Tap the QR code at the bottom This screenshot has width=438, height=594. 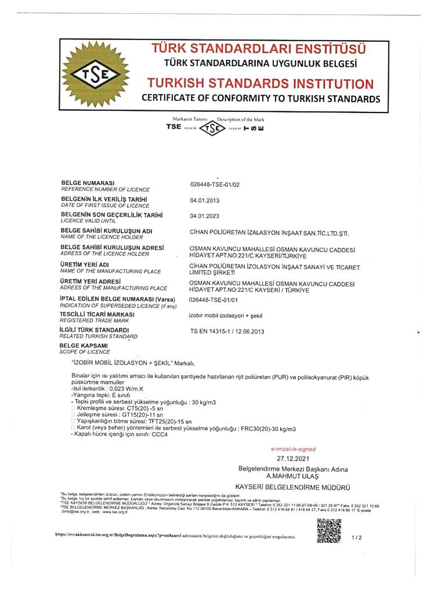(x=330, y=531)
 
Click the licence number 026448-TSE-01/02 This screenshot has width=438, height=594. (x=215, y=185)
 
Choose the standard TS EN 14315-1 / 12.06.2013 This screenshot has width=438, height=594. (x=227, y=331)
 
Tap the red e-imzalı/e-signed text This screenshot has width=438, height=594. (x=294, y=449)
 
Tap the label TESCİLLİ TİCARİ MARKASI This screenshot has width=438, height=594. (x=97, y=314)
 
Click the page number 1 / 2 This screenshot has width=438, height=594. (x=357, y=538)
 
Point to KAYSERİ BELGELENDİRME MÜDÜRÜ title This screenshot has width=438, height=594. (x=294, y=487)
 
